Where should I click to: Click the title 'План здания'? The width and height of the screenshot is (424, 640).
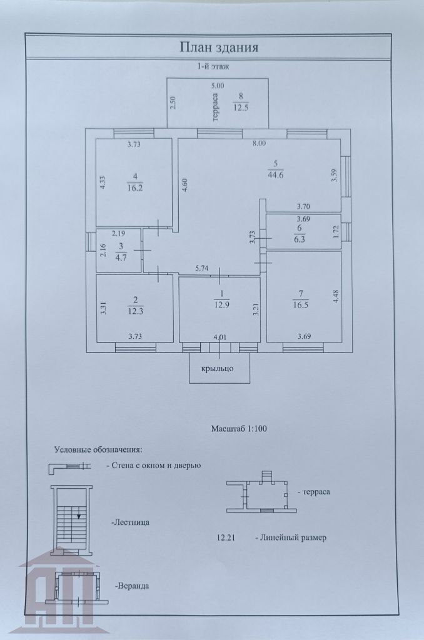(x=219, y=47)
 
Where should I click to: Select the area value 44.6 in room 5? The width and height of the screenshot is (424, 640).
(x=276, y=174)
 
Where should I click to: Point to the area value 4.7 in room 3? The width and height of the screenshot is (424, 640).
(x=120, y=256)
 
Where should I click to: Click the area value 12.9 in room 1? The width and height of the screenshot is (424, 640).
(x=220, y=304)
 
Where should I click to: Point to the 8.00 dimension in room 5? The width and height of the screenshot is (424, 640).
(x=259, y=143)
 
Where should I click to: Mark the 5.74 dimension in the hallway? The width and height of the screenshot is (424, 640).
(x=201, y=268)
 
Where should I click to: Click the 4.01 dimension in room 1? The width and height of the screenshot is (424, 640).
(x=220, y=337)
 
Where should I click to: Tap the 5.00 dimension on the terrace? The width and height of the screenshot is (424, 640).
(x=217, y=86)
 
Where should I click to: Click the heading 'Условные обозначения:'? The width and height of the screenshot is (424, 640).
(x=98, y=449)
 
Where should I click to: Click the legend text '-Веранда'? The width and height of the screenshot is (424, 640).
(x=131, y=586)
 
